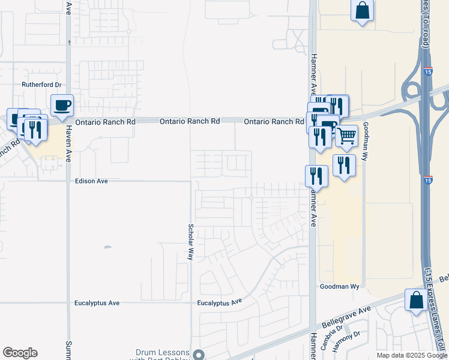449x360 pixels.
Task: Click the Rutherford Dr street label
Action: pos(42,85)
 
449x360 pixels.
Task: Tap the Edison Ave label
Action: pos(91,181)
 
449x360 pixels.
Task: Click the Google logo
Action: pos(20,353)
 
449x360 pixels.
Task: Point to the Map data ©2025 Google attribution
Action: pos(412,355)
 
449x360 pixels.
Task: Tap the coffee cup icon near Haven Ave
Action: pos(62,106)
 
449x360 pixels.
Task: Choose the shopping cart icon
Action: pos(346,137)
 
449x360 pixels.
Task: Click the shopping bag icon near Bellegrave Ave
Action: pos(416,300)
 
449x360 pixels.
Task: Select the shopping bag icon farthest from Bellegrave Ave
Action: pos(363,10)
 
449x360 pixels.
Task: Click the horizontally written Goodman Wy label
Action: pos(340,287)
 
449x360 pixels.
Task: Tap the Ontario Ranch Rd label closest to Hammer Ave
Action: pos(273,122)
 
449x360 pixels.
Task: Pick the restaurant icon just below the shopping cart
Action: pos(344,165)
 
